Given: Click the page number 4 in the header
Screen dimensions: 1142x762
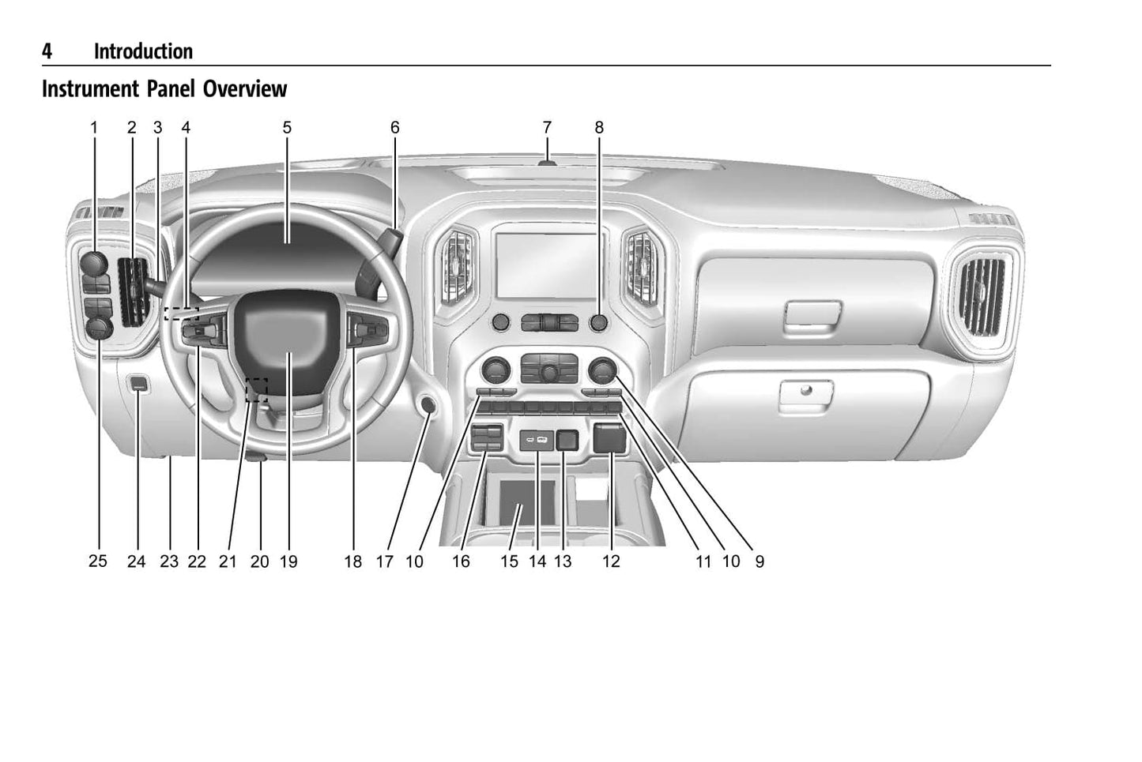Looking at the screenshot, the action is pos(47,51).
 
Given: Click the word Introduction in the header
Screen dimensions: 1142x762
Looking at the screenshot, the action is pos(143,51).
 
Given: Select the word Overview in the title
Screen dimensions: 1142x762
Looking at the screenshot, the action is pos(245,88).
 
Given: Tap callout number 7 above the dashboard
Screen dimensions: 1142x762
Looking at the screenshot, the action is pos(547,127).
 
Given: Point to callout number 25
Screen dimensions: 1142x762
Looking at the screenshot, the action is pos(98,561).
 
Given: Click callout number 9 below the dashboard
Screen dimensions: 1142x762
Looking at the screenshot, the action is pos(759,561).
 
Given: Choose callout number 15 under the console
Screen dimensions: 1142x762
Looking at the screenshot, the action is pos(509,561).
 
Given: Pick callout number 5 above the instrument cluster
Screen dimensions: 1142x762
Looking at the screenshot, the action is pos(287,127).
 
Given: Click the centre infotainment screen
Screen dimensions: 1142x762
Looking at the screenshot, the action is pos(548,265).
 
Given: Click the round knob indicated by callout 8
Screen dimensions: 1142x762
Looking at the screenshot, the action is pos(598,322).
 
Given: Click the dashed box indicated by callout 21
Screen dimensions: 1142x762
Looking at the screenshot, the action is pos(256,390).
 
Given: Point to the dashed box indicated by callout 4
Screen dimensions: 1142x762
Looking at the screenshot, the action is pos(182,313).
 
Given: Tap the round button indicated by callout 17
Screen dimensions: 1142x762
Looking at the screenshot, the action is pos(428,405).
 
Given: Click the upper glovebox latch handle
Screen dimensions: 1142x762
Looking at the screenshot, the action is pos(812,313).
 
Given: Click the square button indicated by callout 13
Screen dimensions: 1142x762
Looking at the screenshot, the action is pos(567,441).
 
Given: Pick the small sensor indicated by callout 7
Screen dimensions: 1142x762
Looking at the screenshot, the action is pos(547,163).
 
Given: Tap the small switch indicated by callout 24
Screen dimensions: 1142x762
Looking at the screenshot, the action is pos(138,384).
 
